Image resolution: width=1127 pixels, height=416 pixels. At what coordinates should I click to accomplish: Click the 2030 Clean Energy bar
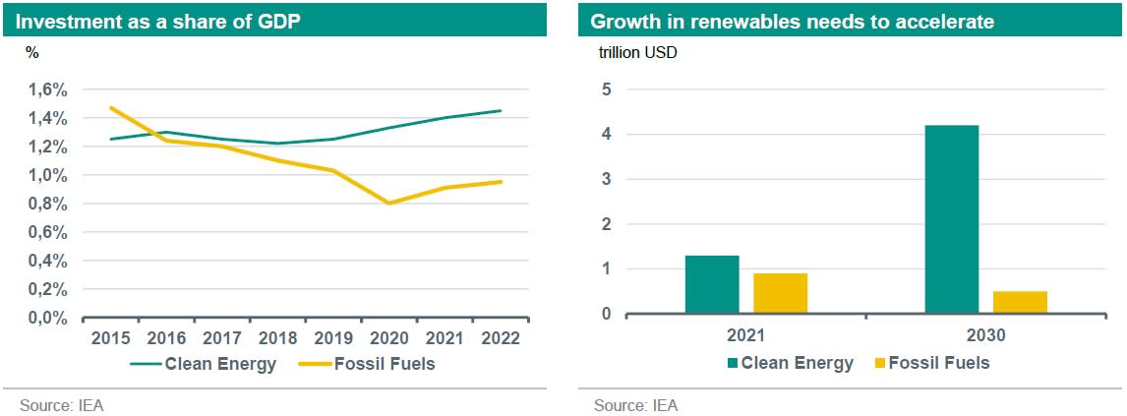pyautogui.click(x=951, y=219)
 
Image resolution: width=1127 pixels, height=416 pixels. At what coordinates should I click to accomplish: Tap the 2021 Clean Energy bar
pyautogui.click(x=711, y=284)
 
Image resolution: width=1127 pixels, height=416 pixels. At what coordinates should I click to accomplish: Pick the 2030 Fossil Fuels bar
pyautogui.click(x=1020, y=302)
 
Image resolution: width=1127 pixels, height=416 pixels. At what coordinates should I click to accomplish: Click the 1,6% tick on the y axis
pyautogui.click(x=47, y=89)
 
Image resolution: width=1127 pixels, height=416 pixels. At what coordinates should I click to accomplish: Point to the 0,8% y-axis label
pyautogui.click(x=47, y=204)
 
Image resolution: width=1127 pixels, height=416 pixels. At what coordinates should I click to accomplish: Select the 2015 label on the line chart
pyautogui.click(x=110, y=338)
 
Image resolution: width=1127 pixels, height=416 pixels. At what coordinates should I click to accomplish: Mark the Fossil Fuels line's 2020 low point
pyautogui.click(x=390, y=203)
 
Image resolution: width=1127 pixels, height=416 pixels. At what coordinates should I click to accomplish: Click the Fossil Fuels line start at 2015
pyautogui.click(x=110, y=108)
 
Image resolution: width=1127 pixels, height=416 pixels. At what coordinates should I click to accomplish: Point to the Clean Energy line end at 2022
pyautogui.click(x=501, y=111)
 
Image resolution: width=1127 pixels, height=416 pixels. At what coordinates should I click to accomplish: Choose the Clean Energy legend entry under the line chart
pyautogui.click(x=205, y=364)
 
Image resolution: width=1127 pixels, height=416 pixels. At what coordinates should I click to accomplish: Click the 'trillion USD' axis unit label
pyautogui.click(x=638, y=52)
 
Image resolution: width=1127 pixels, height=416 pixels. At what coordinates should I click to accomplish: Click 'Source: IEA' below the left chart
pyautogui.click(x=61, y=404)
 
